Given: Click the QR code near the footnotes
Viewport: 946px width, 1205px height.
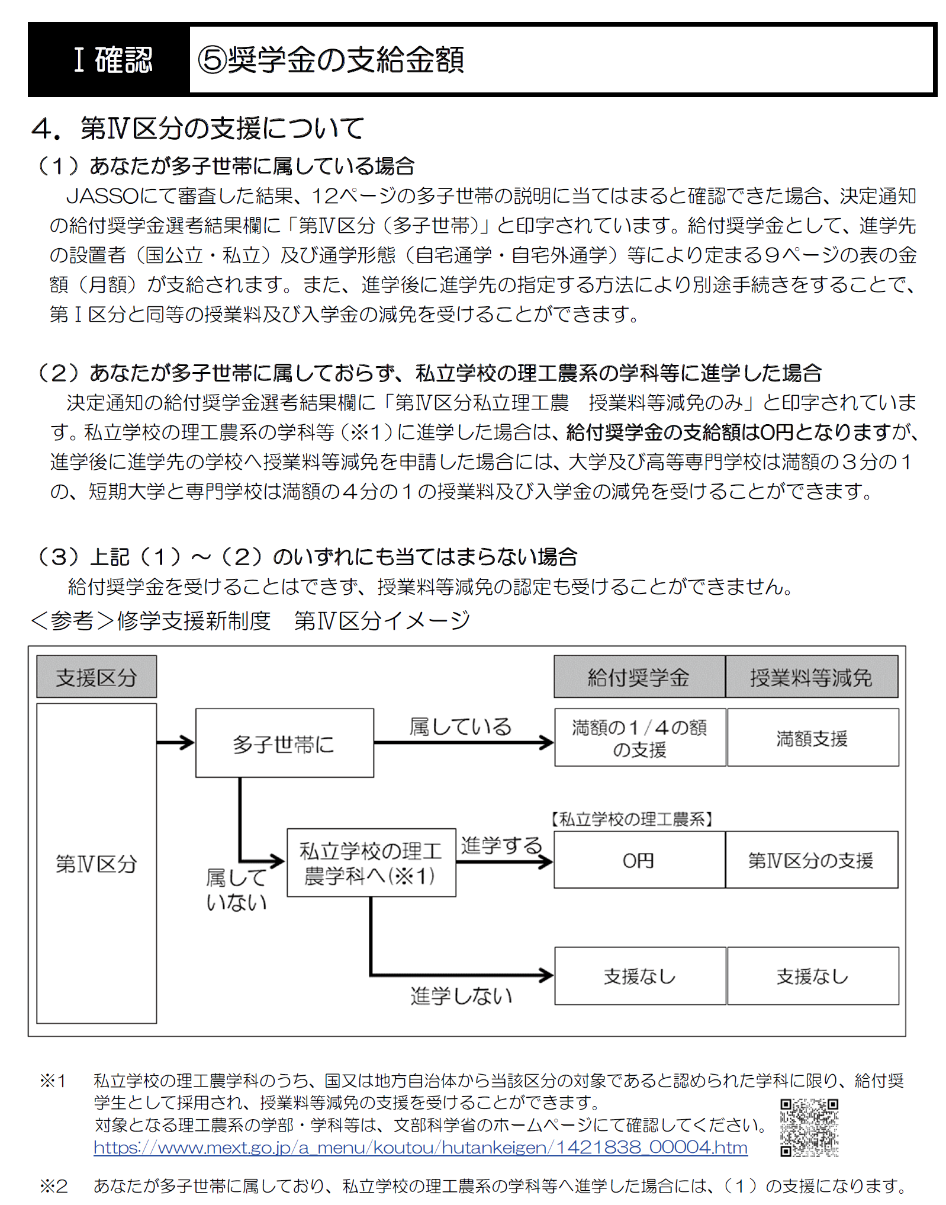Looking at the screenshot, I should tap(809, 1127).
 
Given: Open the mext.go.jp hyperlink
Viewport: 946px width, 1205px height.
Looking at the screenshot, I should tap(420, 1148).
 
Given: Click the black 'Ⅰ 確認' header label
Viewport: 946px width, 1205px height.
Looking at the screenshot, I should tap(112, 60).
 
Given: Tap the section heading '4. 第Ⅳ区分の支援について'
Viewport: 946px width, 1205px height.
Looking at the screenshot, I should tap(198, 128).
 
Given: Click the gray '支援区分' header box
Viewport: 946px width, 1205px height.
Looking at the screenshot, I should tap(96, 677).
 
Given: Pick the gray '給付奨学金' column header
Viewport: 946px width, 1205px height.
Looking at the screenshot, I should tap(639, 677).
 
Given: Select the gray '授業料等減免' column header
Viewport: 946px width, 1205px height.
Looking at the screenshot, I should tap(811, 677).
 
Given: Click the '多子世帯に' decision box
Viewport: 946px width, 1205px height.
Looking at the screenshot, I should tap(284, 743).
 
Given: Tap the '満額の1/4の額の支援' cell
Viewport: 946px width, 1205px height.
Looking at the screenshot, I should tap(639, 738).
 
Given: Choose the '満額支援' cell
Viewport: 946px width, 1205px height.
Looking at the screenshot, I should tap(812, 738).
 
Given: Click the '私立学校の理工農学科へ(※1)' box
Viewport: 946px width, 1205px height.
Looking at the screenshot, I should tap(371, 863).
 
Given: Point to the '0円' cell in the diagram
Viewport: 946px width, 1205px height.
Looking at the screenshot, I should tap(639, 860).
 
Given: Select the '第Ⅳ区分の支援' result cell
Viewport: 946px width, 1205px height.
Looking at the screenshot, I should tap(811, 860).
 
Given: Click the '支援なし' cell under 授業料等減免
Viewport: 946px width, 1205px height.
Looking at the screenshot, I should tap(812, 976).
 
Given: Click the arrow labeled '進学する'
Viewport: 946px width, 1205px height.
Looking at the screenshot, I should tap(503, 861).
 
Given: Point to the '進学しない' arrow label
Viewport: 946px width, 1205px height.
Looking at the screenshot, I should tap(461, 996).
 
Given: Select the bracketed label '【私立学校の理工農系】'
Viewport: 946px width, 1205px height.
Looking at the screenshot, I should tap(631, 819).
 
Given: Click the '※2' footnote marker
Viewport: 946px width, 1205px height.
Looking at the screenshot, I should tap(53, 1185).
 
